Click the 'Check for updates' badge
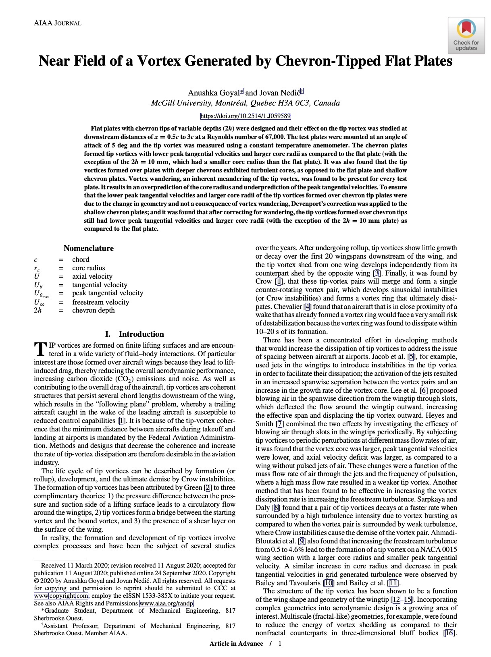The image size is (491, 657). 466,35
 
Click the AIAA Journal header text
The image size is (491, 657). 58,23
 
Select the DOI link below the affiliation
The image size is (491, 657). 245,116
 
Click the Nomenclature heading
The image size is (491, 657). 89,248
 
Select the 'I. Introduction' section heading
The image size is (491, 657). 134,334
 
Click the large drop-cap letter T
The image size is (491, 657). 40,349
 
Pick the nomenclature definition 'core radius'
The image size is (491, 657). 88,268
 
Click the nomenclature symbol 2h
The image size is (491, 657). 37,310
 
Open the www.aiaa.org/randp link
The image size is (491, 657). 166,603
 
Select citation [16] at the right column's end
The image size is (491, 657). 449,633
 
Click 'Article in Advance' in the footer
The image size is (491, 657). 236,643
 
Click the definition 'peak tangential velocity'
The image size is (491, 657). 108,293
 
